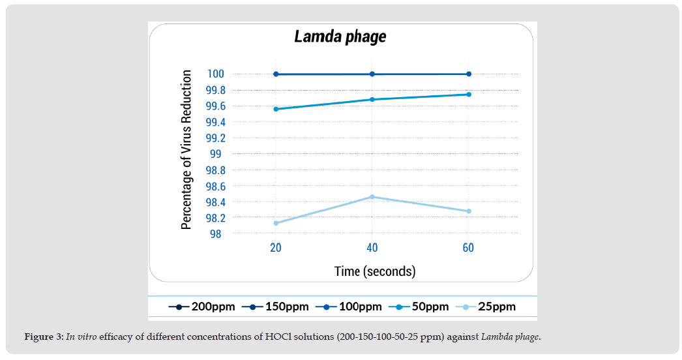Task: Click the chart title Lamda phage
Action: [340, 37]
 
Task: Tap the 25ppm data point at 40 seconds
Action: [372, 196]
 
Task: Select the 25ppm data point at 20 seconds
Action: [276, 223]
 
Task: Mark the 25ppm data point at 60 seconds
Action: [468, 211]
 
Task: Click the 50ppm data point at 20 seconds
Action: [276, 109]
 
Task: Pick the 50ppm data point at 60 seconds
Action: [468, 95]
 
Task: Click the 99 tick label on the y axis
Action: [215, 154]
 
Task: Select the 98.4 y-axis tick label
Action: [215, 202]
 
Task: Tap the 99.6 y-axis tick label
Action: [215, 106]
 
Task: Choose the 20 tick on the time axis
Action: [276, 248]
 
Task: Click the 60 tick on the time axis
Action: [468, 248]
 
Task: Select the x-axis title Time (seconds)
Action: [374, 271]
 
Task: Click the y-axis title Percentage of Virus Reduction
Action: [186, 150]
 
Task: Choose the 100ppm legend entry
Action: [345, 307]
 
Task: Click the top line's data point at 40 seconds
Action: [372, 74]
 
